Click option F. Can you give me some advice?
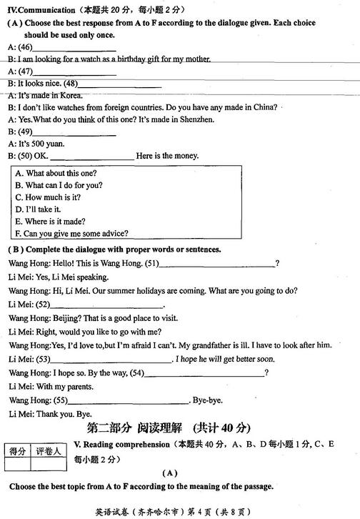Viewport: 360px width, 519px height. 71,232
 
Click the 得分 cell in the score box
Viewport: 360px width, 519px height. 17,450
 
